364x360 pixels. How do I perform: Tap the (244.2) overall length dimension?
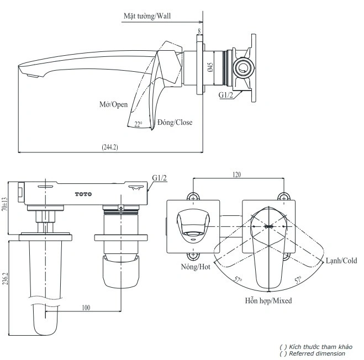(x=110, y=147)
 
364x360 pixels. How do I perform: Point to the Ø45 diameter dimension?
(x=210, y=68)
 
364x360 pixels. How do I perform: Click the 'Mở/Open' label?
(x=114, y=104)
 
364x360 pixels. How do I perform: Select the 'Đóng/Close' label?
(x=175, y=122)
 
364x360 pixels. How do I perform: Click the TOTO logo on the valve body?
(x=83, y=194)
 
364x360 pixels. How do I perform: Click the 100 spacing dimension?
(x=85, y=308)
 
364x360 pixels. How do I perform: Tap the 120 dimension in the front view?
(x=236, y=174)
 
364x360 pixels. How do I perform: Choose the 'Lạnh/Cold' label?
(x=340, y=260)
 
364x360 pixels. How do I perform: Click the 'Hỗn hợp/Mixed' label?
(x=268, y=301)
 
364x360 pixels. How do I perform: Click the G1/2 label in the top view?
(x=160, y=177)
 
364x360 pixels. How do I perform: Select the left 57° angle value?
(x=238, y=280)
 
